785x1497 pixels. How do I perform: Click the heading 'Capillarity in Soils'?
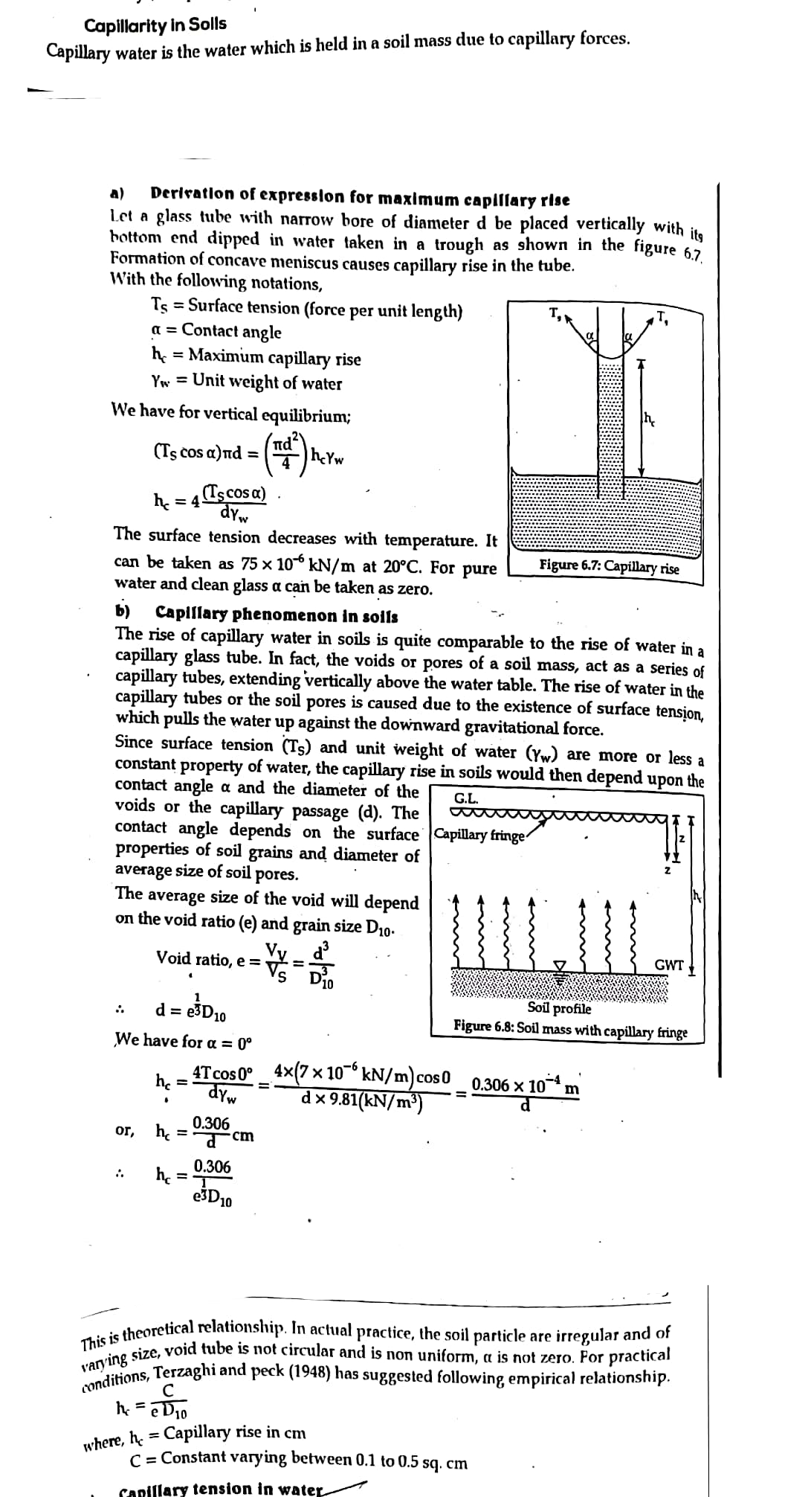tap(155, 25)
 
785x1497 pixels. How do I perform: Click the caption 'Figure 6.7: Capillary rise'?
tap(609, 566)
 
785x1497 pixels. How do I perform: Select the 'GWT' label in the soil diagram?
tap(669, 965)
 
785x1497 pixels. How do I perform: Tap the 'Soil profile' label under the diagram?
tap(559, 1009)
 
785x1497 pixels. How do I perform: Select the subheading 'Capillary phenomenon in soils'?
tap(277, 615)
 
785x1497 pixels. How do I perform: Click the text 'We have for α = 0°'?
tap(184, 1040)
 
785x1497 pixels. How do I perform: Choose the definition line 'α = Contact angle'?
tap(216, 331)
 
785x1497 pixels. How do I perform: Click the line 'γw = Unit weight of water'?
tap(246, 382)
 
